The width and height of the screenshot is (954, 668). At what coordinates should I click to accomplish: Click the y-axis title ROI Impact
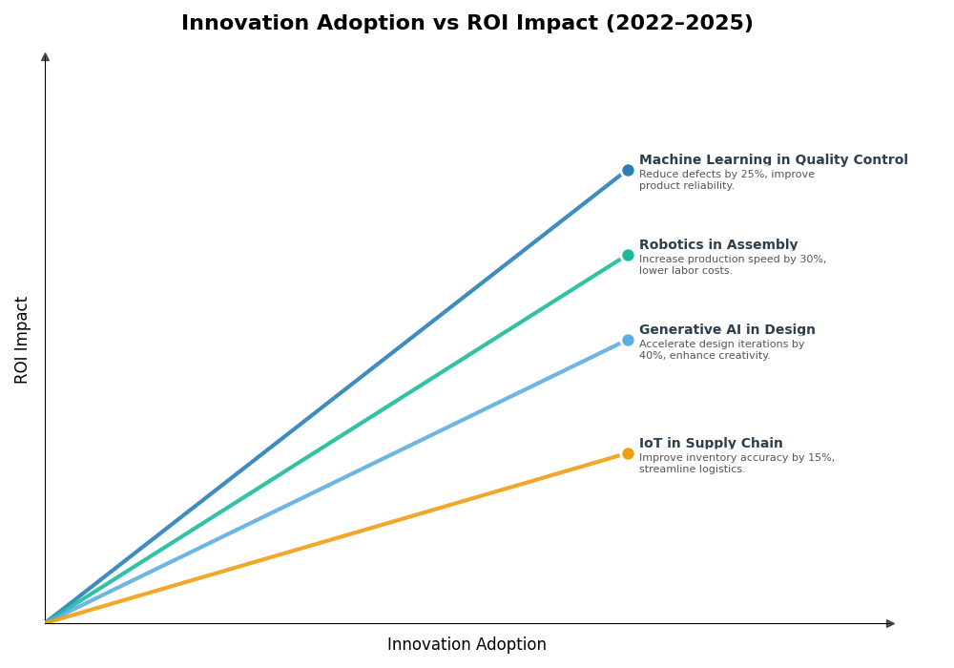pyautogui.click(x=22, y=340)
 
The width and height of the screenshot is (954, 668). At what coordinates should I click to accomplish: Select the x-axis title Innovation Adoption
pyautogui.click(x=467, y=645)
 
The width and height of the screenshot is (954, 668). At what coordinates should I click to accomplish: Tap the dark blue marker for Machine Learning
pyautogui.click(x=628, y=171)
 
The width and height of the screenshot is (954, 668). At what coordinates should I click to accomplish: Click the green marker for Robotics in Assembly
pyautogui.click(x=628, y=256)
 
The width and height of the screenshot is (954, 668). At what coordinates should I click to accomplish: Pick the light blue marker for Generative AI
pyautogui.click(x=628, y=341)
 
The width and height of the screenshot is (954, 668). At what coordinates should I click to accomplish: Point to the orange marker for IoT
pyautogui.click(x=628, y=454)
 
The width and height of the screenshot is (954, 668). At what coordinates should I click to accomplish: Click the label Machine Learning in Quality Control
pyautogui.click(x=773, y=160)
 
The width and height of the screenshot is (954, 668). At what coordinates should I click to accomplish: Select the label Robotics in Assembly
pyautogui.click(x=717, y=245)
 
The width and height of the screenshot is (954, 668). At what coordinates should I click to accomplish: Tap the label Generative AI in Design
pyautogui.click(x=727, y=330)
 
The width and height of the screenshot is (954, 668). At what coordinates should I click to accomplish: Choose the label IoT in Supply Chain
pyautogui.click(x=711, y=444)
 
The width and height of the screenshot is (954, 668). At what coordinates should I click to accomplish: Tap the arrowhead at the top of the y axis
pyautogui.click(x=45, y=57)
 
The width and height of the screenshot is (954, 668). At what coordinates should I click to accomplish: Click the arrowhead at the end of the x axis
pyautogui.click(x=890, y=623)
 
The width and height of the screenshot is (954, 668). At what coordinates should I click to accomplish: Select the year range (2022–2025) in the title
pyautogui.click(x=679, y=24)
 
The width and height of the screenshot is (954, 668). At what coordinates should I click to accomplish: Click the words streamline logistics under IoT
pyautogui.click(x=692, y=470)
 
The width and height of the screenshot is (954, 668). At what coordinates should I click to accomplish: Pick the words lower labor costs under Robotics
pyautogui.click(x=685, y=271)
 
